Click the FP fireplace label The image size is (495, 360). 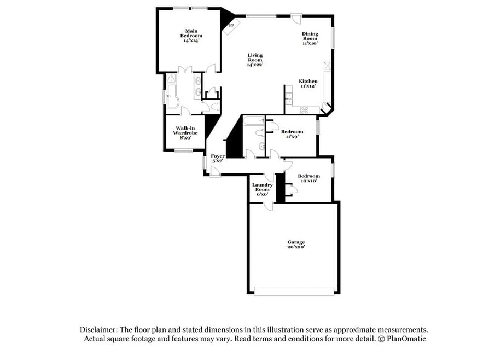point(231,25)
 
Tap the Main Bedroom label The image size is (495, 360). point(191,36)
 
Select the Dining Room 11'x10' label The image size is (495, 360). point(310,38)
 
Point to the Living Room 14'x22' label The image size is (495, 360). point(255,60)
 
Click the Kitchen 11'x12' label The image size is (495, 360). point(308,83)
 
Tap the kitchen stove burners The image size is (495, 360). point(305,110)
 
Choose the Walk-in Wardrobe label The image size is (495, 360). point(185,133)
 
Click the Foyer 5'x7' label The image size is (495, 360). point(218,159)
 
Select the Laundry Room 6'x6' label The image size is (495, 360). point(263,189)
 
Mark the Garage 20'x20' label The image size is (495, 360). point(296,245)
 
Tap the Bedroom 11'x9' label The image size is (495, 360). point(292,134)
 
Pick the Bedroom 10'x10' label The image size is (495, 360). point(308,178)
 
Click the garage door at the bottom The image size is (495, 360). point(294,291)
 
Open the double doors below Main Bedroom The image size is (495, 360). point(185,70)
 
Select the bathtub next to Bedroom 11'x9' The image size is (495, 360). point(254,121)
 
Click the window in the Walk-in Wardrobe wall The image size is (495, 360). point(184,150)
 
